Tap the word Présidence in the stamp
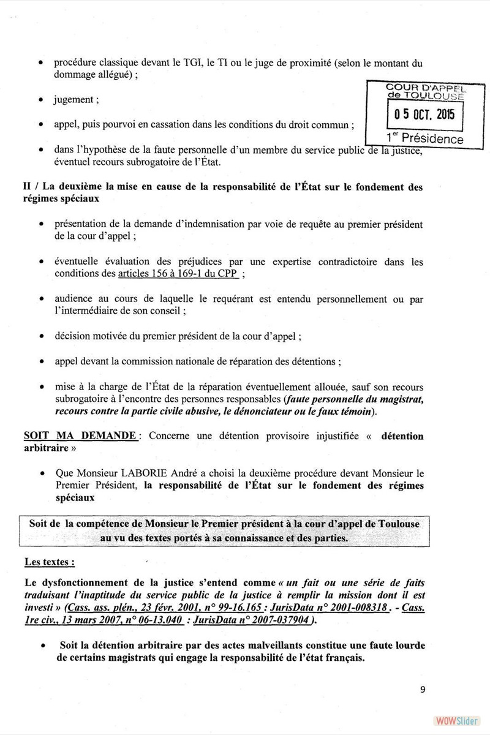432,139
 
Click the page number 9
423,689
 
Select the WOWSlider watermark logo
452,720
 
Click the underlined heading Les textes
50,561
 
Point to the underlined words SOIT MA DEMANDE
80,435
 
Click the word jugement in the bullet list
73,99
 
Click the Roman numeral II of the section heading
28,187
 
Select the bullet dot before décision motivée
40,336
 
